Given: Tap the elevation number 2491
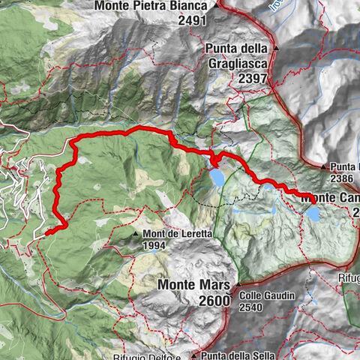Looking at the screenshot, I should coord(192,21).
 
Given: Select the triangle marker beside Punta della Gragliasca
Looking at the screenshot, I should coord(277,47).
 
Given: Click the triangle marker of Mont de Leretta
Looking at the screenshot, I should coord(136,234).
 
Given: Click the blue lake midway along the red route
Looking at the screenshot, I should coord(216,177).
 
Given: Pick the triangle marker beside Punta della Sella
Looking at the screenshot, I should coord(193,355).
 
